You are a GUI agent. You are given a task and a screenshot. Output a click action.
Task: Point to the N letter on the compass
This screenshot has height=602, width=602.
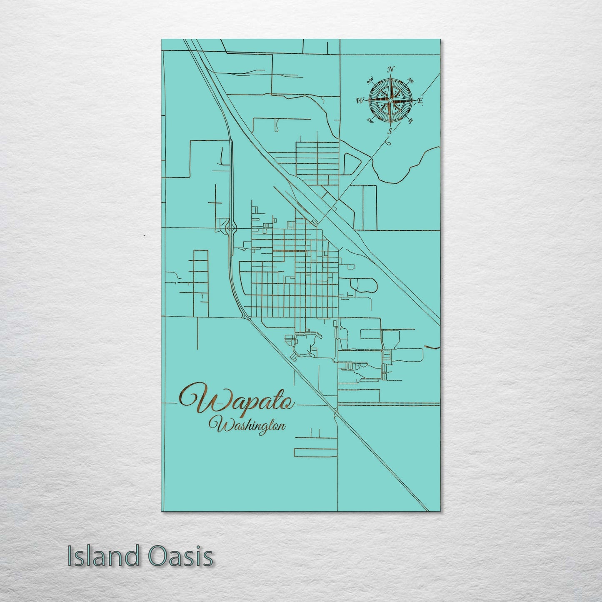(x=391, y=70)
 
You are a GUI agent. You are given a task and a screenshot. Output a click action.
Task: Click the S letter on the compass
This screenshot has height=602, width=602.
(x=390, y=131)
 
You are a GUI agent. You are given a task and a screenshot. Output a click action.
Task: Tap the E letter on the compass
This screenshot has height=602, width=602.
(x=420, y=100)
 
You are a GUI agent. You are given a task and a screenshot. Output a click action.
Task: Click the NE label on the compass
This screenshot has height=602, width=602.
(x=410, y=80)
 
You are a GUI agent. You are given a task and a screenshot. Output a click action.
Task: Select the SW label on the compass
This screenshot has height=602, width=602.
(x=369, y=121)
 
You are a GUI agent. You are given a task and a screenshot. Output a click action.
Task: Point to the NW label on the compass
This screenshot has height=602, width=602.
(x=370, y=81)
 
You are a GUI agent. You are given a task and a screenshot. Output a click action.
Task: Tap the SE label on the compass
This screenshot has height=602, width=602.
(x=411, y=121)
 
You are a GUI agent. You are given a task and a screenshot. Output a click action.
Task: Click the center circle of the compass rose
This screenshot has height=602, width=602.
(x=390, y=100)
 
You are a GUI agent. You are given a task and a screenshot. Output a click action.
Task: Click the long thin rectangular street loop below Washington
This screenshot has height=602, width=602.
(x=315, y=452)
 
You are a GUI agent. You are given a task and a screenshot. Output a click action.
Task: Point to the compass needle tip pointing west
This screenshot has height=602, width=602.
(x=365, y=100)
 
